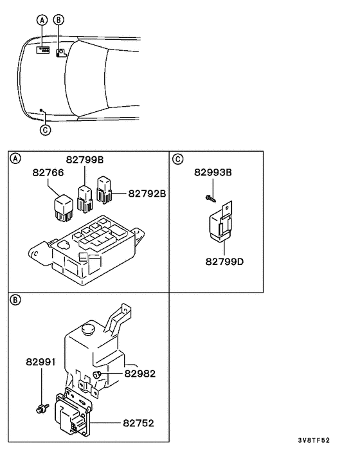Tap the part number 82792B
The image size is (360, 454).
[x=147, y=192]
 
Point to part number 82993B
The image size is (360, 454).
[x=213, y=172]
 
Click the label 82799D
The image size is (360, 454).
[x=224, y=262]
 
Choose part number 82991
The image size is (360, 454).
[x=41, y=363]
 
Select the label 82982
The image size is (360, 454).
[x=140, y=373]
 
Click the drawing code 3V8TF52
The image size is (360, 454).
[x=314, y=440]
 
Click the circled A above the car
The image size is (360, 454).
[x=42, y=20]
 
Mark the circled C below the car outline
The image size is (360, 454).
[x=45, y=130]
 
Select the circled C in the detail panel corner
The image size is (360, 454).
[x=177, y=158]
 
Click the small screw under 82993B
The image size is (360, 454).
[x=210, y=197]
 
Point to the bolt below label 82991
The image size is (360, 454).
[x=41, y=406]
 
